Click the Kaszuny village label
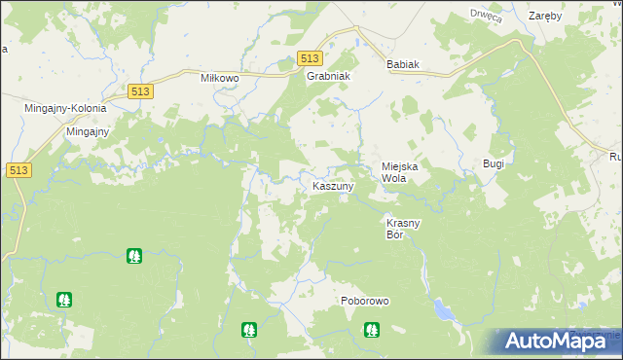pos(332,185)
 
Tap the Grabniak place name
pos(328,75)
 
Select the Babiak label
pos(402,64)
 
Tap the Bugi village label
pos(494,163)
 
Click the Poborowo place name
pos(365,302)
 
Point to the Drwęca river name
pos(485,14)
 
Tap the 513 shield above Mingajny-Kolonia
pos(138,90)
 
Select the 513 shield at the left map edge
pos(17,170)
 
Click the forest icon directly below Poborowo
pos(371,330)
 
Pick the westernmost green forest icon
pos(64,300)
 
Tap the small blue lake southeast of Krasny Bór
pos(443,310)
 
